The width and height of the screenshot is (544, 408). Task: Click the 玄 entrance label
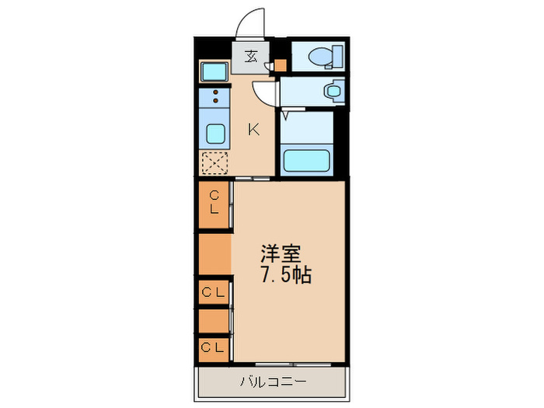[x=251, y=57]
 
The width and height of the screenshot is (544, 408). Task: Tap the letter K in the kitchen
[x=253, y=130]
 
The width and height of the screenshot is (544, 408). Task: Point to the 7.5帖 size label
[x=286, y=275]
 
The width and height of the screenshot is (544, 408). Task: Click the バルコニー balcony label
[x=273, y=382]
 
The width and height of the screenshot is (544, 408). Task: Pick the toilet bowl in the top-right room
[x=317, y=57]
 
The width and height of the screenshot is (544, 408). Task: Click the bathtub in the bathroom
[x=308, y=160]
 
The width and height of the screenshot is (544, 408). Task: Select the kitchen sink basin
[x=214, y=135]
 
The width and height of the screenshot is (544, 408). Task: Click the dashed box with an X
[x=214, y=162]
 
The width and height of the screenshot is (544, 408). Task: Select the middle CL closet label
[x=213, y=293]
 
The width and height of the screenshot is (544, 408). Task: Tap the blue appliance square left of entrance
[x=214, y=71]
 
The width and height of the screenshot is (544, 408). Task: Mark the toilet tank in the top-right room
[x=337, y=57]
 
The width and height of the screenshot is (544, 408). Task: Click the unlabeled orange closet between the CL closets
[x=214, y=254]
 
